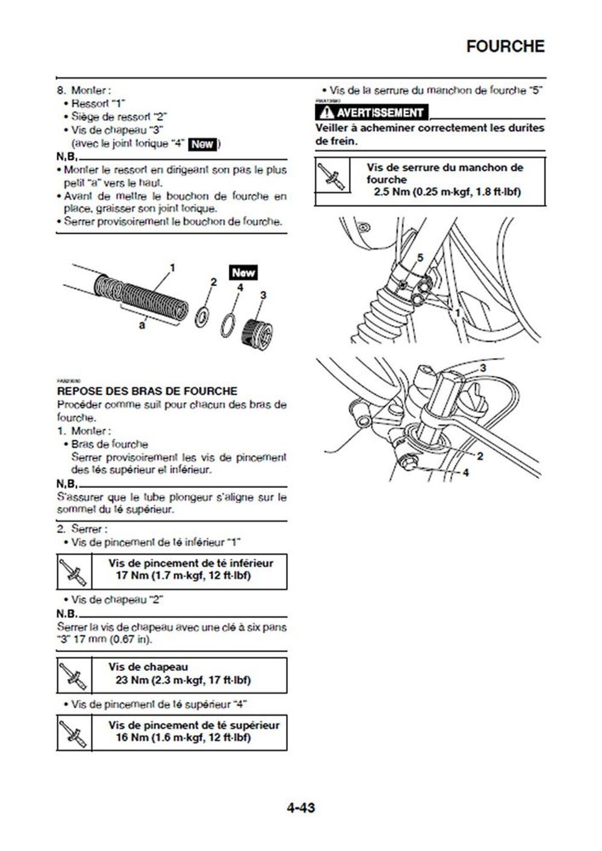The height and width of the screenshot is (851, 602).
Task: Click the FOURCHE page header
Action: point(505,46)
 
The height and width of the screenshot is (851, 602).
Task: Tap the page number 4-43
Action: point(300,807)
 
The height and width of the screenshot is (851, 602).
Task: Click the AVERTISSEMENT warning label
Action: point(373,113)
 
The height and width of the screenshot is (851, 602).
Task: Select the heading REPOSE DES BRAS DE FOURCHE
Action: point(147,391)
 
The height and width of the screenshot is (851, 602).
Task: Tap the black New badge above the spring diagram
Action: point(243,273)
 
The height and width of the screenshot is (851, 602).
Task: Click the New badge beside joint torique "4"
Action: point(202,144)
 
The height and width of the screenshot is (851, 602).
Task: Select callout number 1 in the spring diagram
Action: point(172,267)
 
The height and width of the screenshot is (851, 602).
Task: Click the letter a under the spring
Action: point(142,325)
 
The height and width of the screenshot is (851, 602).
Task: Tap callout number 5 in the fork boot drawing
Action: point(420,258)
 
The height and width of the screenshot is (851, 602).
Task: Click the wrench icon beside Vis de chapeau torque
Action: point(74,675)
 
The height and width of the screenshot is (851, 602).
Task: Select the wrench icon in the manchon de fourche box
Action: point(332,175)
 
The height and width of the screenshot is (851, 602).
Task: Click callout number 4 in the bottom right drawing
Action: point(465,472)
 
